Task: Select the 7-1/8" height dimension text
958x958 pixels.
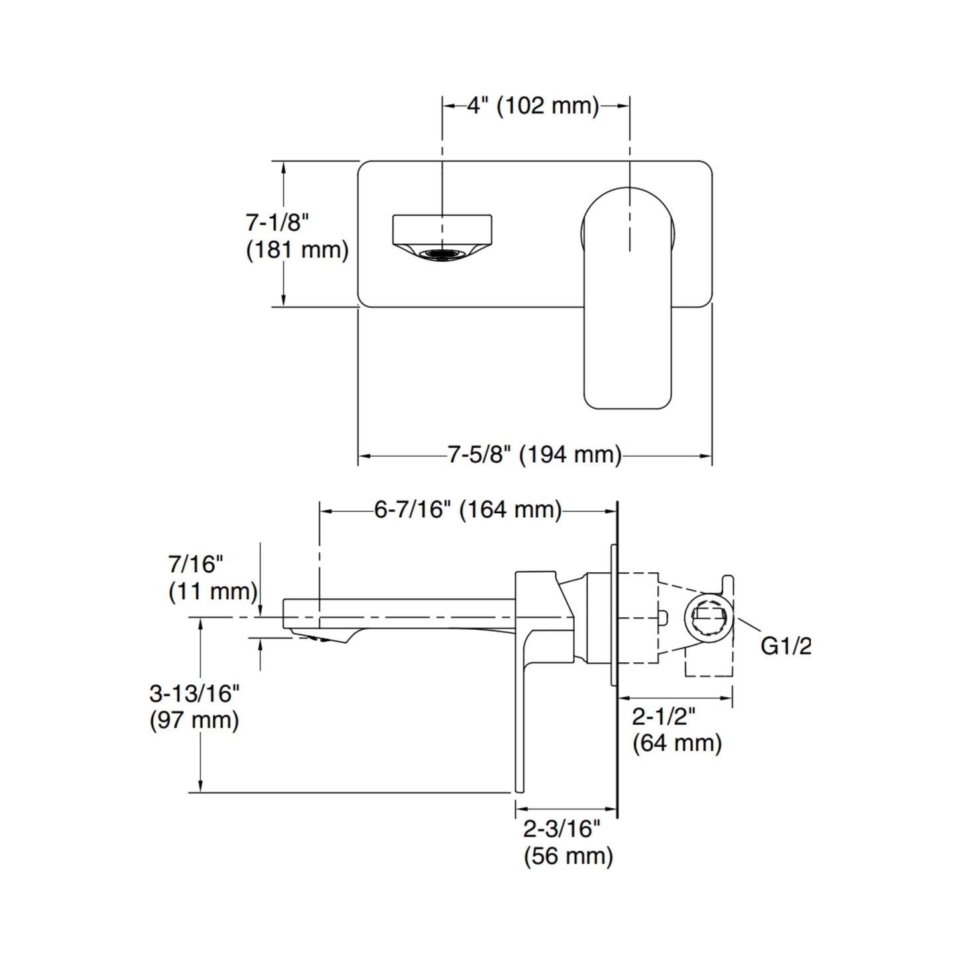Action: tap(278, 221)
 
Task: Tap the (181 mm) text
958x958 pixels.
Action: tap(297, 251)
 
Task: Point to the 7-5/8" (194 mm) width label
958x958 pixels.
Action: tap(534, 455)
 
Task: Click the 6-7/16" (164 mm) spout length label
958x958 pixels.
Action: tap(468, 510)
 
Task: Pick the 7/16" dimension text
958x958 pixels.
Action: tap(196, 564)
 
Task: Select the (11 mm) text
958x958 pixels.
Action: tap(213, 591)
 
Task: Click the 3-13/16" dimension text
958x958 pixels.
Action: tap(194, 693)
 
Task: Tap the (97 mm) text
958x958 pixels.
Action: tap(194, 720)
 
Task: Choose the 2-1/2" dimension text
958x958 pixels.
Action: tap(663, 717)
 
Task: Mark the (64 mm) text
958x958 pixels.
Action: tap(677, 743)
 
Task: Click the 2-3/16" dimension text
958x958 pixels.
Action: tap(562, 829)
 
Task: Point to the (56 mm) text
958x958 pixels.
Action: tap(568, 856)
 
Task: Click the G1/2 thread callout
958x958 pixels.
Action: tap(785, 645)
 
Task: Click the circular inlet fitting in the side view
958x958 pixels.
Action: tap(709, 617)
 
